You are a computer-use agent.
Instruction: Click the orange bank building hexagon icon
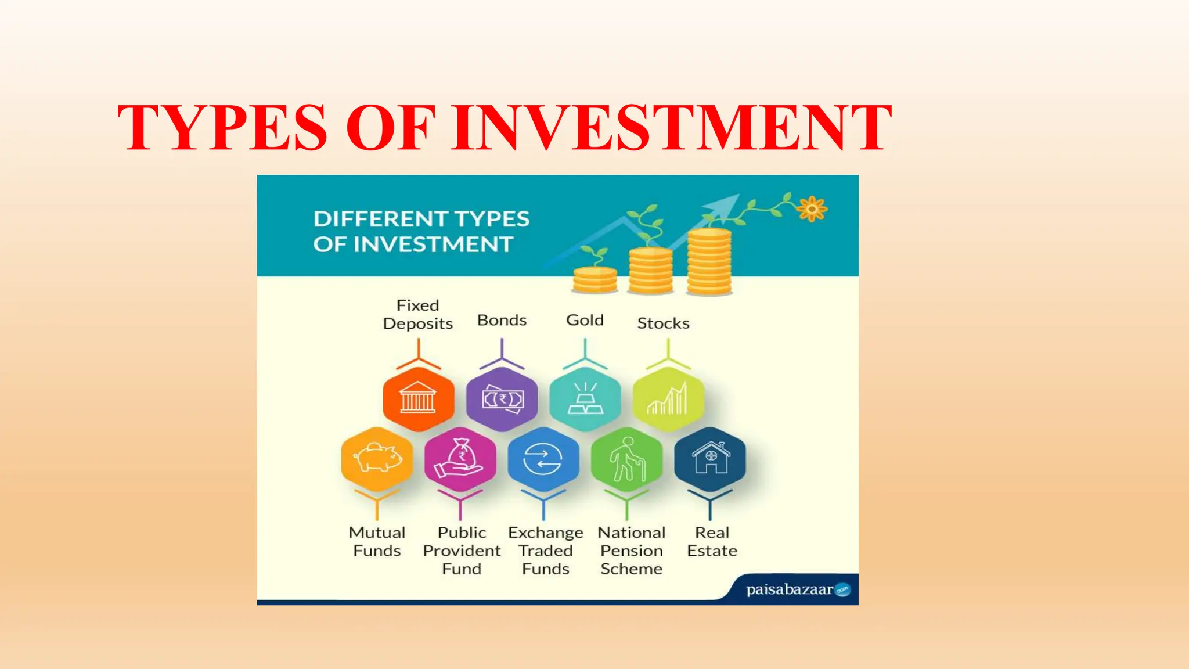point(418,399)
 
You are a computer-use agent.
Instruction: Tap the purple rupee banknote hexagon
point(502,399)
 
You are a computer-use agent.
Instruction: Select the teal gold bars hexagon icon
point(585,399)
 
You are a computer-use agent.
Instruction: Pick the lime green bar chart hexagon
point(668,399)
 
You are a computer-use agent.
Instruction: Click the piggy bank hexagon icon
point(377,459)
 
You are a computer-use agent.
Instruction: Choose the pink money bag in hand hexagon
point(460,459)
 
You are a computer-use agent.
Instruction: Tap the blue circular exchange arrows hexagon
point(543,459)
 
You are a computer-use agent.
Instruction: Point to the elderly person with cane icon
point(626,459)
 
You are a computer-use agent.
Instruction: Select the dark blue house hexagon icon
point(710,459)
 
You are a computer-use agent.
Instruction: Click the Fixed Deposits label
point(417,314)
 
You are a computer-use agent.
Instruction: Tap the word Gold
point(585,320)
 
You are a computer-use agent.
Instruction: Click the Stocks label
point(663,323)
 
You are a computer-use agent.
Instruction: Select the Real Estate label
point(712,541)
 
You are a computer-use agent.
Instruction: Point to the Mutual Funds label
point(377,541)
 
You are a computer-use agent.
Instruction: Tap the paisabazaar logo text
point(790,589)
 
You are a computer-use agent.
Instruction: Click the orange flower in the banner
point(812,208)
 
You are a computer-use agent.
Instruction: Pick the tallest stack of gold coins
point(709,262)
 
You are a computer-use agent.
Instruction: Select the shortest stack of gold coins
point(594,279)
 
